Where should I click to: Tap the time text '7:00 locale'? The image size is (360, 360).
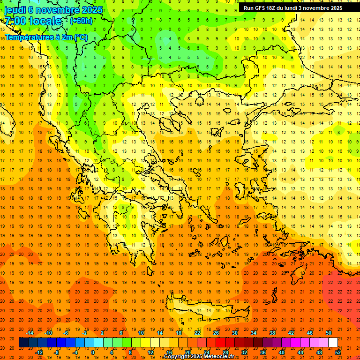[33, 21]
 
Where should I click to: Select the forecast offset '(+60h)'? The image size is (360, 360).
[81, 21]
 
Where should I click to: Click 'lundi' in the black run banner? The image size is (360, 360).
[289, 8]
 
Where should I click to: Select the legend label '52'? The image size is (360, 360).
[338, 352]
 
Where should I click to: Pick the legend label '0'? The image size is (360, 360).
[92, 352]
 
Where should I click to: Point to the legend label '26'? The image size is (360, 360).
[216, 333]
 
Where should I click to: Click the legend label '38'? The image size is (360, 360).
[272, 333]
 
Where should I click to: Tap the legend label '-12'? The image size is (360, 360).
[39, 352]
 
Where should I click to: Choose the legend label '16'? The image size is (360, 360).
[169, 352]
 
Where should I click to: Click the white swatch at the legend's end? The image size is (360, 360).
[333, 343]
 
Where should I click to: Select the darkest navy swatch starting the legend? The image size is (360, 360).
[23, 343]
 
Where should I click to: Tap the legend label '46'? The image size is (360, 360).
[310, 333]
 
